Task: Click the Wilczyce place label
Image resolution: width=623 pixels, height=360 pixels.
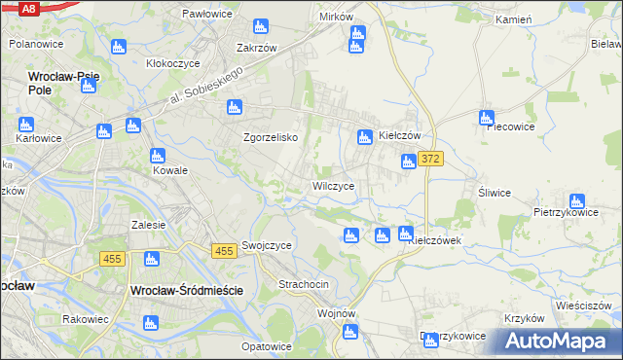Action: pyautogui.click(x=339, y=185)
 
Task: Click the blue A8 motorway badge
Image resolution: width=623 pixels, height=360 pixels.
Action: pyautogui.click(x=28, y=8)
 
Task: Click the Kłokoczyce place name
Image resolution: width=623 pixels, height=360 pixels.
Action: pyautogui.click(x=172, y=62)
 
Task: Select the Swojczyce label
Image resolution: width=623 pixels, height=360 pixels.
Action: pyautogui.click(x=267, y=246)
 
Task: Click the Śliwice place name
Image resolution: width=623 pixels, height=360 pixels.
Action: pyautogui.click(x=495, y=193)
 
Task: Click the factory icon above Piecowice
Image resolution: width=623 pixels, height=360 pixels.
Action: pyautogui.click(x=486, y=119)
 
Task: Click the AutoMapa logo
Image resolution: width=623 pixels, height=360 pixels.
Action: pyautogui.click(x=561, y=342)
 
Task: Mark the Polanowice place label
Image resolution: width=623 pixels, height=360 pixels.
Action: pyautogui.click(x=36, y=45)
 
